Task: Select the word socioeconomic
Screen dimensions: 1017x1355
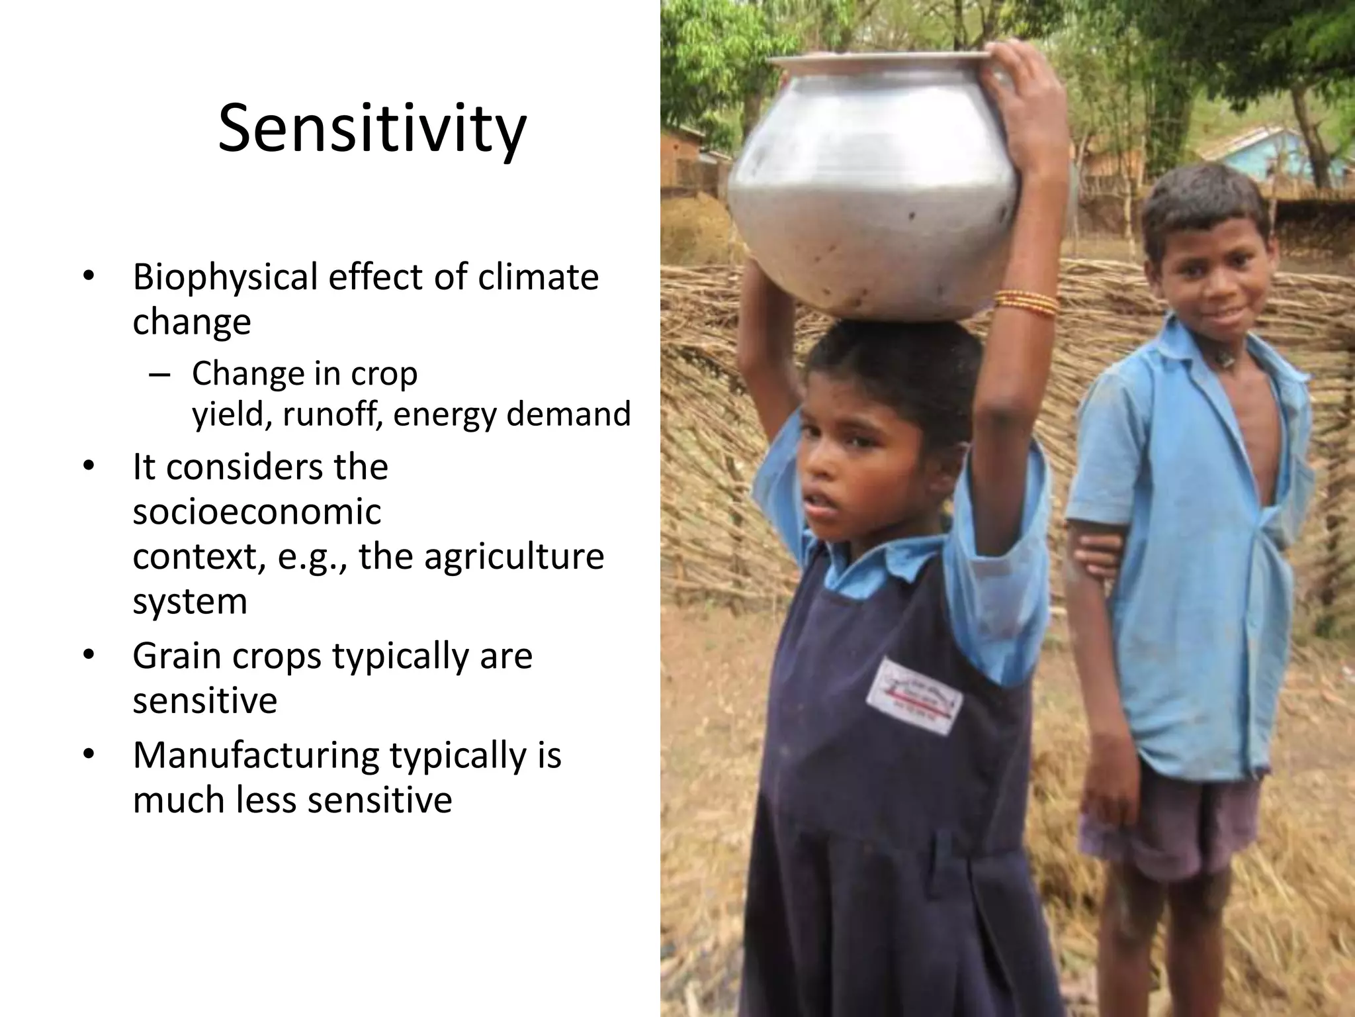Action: point(257,512)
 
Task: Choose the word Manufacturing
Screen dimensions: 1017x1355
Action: point(255,755)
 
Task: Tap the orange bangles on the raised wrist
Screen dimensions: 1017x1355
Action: point(1026,304)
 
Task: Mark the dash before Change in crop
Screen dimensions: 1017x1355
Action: point(159,375)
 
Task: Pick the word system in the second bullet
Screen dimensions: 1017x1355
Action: point(189,601)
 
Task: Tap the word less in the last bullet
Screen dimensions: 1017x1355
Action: point(265,800)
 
